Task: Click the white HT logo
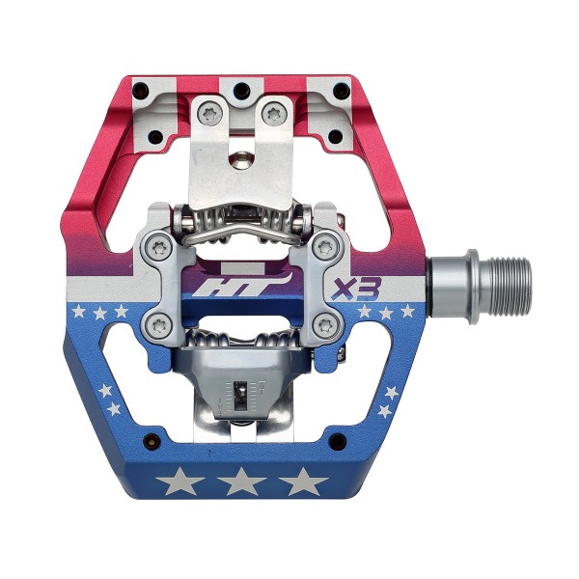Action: coord(242,286)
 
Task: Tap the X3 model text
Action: coord(355,289)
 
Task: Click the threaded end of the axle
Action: coord(510,289)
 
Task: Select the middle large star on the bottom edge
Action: coord(241,482)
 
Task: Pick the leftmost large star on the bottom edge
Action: coord(180,482)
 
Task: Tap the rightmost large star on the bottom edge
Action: coord(303,482)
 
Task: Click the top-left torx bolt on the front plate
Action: coord(209,113)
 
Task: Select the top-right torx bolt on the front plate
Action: coord(273,113)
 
